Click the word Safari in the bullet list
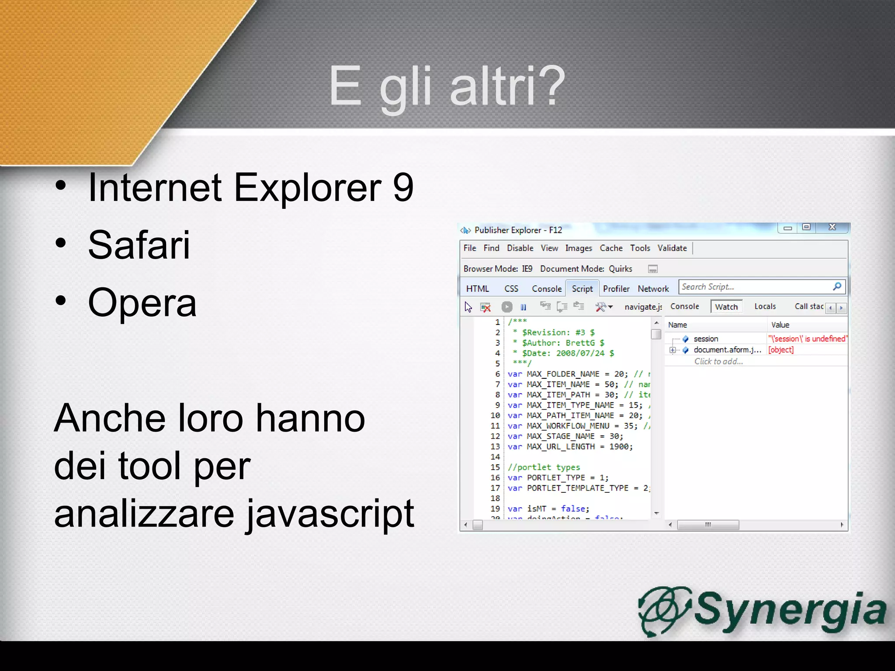139,245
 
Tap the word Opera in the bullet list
142,303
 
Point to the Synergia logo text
790,609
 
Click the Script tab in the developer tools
582,289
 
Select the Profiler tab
616,289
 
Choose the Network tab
653,289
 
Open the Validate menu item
672,248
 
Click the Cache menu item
611,248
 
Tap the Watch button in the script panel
726,307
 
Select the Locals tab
765,307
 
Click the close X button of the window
832,227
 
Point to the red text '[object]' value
781,350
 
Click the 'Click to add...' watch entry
718,361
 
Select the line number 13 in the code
495,446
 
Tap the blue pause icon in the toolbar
523,307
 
